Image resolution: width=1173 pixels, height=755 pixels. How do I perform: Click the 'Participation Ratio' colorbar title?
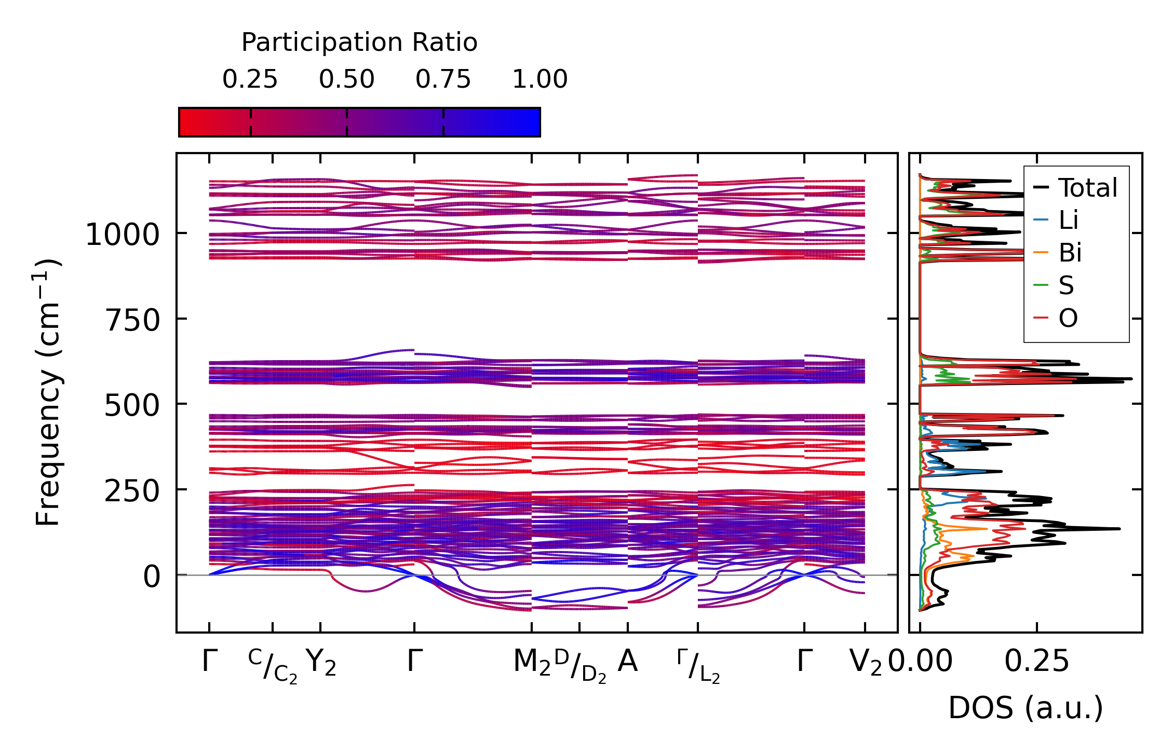tap(359, 43)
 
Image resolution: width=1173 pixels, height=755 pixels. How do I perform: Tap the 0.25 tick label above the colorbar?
tap(250, 79)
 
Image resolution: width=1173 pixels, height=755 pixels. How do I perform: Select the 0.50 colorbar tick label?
tap(346, 79)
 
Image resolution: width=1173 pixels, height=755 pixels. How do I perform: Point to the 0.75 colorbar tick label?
tap(443, 79)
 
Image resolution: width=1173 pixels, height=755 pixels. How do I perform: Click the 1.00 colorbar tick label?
tap(540, 79)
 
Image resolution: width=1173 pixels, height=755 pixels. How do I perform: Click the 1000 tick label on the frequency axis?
tap(122, 235)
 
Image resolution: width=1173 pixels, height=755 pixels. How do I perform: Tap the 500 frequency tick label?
tap(132, 405)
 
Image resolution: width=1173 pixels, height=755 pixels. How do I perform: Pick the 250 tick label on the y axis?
tap(132, 491)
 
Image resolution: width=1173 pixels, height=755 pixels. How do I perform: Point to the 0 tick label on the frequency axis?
tap(152, 576)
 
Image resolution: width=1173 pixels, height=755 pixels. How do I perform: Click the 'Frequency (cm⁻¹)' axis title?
tap(48, 392)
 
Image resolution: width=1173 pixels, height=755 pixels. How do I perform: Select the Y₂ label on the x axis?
tap(320, 663)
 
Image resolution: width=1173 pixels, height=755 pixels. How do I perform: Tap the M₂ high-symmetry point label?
tap(531, 663)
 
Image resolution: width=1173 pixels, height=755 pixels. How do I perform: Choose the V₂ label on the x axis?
tap(865, 663)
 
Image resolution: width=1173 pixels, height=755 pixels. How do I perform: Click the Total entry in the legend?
tap(1087, 188)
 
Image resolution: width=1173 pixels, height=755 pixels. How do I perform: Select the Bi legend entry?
tap(1070, 253)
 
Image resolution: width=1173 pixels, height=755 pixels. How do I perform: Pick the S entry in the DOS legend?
tap(1066, 285)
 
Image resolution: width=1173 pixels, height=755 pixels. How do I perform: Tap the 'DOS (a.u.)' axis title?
tap(1026, 708)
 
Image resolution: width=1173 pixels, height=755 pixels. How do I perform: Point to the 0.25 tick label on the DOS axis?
tap(1036, 662)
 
